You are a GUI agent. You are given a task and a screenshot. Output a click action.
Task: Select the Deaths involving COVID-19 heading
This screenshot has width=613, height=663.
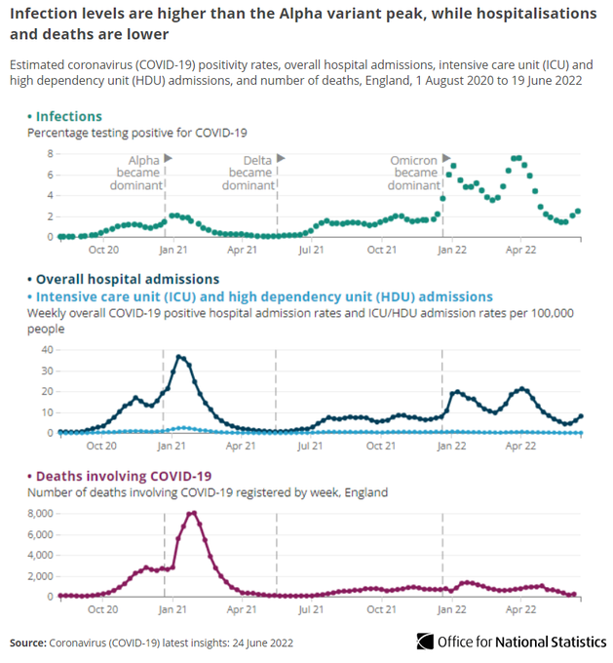tap(124, 475)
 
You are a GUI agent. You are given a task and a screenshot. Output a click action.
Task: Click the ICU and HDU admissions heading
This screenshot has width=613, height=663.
tap(263, 296)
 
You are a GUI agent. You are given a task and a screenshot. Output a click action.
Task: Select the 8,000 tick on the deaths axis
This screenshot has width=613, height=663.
tap(39, 513)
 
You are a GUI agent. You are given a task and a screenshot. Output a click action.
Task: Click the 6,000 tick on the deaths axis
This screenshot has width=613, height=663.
tap(39, 534)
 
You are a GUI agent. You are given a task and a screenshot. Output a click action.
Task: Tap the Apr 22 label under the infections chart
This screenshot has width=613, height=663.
tap(520, 251)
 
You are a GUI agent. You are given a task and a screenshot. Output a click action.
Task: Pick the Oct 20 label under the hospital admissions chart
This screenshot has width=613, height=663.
tap(102, 447)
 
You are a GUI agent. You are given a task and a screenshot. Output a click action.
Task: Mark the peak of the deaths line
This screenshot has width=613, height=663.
tap(193, 513)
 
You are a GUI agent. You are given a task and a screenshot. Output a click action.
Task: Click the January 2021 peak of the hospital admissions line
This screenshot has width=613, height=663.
tap(179, 357)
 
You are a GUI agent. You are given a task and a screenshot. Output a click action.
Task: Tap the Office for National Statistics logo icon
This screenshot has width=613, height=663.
tap(425, 642)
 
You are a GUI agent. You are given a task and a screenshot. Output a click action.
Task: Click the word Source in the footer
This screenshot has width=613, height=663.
tap(28, 643)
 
